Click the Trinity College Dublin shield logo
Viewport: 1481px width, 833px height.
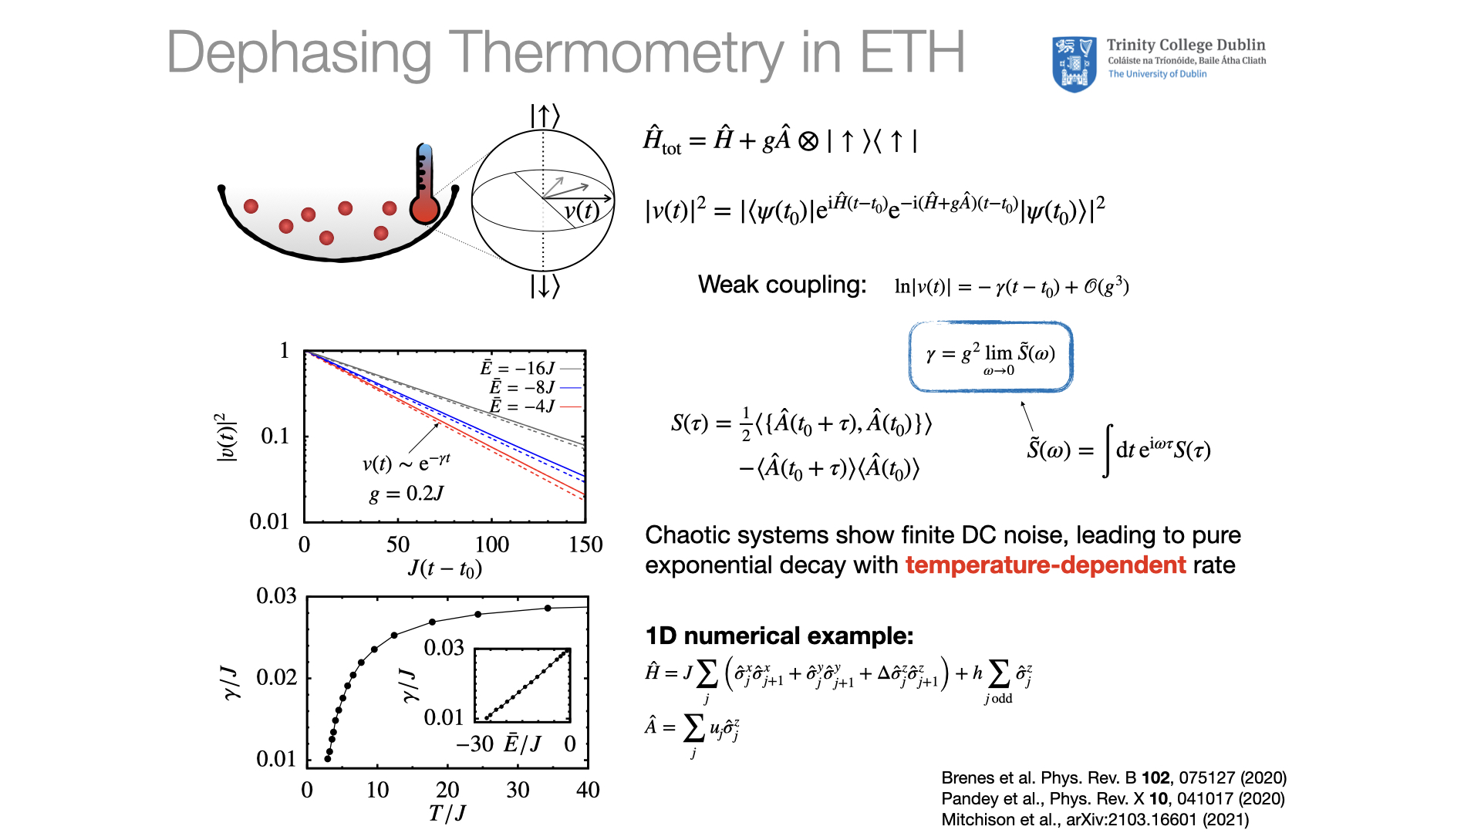point(1074,65)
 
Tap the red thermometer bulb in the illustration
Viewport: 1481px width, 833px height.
point(424,209)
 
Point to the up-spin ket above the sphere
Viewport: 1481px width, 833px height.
point(545,116)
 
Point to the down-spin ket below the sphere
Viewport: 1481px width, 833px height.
point(545,286)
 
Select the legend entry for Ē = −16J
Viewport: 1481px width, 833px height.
point(531,368)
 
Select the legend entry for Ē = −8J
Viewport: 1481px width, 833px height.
point(535,386)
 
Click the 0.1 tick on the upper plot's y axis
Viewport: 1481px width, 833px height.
point(275,436)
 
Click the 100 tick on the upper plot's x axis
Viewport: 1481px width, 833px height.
point(491,545)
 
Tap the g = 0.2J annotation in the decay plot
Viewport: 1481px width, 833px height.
point(407,494)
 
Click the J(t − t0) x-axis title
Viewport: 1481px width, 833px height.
point(445,568)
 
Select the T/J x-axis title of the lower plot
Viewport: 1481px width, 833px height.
point(447,813)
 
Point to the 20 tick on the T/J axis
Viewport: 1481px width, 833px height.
point(447,790)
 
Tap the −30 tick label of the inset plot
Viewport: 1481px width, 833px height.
point(474,744)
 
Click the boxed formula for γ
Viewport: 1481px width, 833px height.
point(990,356)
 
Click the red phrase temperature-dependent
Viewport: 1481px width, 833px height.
point(1045,565)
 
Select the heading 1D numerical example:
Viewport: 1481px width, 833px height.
point(779,636)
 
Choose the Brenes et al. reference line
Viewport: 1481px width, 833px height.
point(1114,777)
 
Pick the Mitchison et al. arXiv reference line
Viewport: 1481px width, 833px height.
point(1095,819)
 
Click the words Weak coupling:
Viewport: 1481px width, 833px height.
point(782,285)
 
